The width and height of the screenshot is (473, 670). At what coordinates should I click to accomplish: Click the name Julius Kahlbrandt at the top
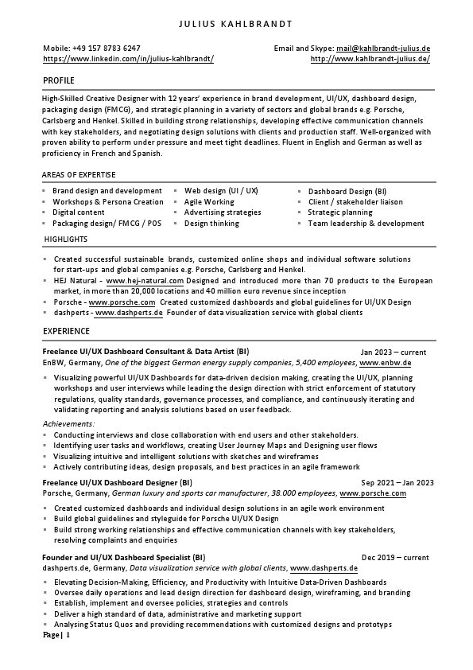(x=236, y=24)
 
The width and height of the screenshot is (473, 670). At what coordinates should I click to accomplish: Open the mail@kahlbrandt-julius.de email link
(x=383, y=49)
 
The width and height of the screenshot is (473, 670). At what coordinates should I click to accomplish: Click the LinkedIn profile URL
(x=128, y=59)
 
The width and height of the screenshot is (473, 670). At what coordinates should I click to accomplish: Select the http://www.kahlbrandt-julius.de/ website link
(x=370, y=59)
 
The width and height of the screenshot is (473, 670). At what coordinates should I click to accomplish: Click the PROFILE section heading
(x=59, y=81)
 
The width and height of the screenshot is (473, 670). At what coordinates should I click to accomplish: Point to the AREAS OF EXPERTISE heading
(x=79, y=174)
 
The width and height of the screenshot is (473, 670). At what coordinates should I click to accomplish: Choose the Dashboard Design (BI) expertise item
(x=347, y=191)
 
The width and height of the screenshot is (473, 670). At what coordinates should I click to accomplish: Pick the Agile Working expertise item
(x=209, y=202)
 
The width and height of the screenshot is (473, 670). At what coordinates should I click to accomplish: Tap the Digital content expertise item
(x=78, y=212)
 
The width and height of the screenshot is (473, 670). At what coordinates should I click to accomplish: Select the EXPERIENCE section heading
(x=66, y=330)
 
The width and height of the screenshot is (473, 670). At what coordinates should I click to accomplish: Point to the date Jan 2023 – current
(x=393, y=352)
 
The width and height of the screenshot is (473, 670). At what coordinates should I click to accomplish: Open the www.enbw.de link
(x=385, y=362)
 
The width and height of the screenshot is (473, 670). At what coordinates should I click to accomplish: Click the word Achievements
(x=68, y=424)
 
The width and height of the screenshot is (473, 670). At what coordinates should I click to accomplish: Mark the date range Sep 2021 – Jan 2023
(x=397, y=482)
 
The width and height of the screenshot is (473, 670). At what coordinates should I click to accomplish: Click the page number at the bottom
(x=56, y=636)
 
